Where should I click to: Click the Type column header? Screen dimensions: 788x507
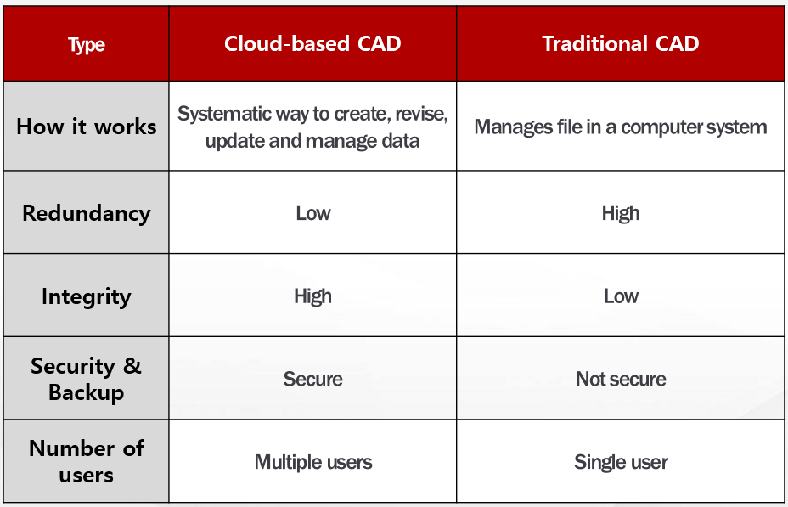[x=87, y=45]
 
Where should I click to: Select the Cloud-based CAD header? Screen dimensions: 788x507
[x=312, y=43]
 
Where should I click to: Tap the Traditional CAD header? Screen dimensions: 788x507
[x=621, y=43]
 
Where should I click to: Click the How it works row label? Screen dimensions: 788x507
[x=87, y=127]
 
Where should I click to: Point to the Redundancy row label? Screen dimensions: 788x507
[x=87, y=213]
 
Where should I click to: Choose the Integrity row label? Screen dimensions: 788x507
[x=87, y=297]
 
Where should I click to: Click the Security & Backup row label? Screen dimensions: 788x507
[x=87, y=379]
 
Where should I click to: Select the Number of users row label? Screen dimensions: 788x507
[x=87, y=461]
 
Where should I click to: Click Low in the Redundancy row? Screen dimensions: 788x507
[x=313, y=213]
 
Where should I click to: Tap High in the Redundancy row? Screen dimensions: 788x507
[x=621, y=213]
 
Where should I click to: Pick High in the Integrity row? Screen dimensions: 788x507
[x=312, y=296]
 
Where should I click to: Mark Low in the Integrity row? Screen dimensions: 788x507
[x=622, y=296]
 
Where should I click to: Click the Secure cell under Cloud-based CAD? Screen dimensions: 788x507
[x=312, y=379]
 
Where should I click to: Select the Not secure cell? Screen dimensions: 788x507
[x=622, y=379]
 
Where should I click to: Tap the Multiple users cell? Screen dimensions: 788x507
[x=313, y=462]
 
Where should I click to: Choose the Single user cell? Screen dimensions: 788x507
[x=622, y=462]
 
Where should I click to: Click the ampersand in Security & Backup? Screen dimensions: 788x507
[x=132, y=365]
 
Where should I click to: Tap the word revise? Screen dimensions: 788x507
[x=421, y=114]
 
